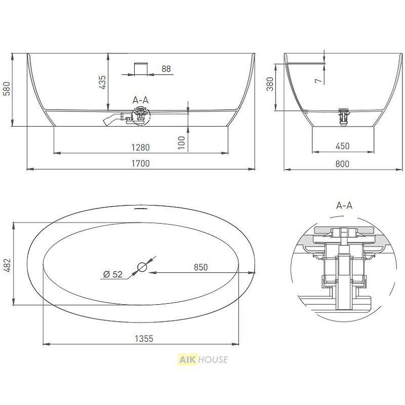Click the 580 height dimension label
point(7,89)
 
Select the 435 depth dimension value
point(102,82)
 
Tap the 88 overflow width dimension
point(166,69)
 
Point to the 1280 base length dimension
point(141,147)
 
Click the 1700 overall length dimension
point(141,163)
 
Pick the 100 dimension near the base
point(182,143)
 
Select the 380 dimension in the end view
point(270,84)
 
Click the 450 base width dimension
point(343,146)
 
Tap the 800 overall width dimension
point(342,164)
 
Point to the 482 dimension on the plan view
point(7,265)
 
